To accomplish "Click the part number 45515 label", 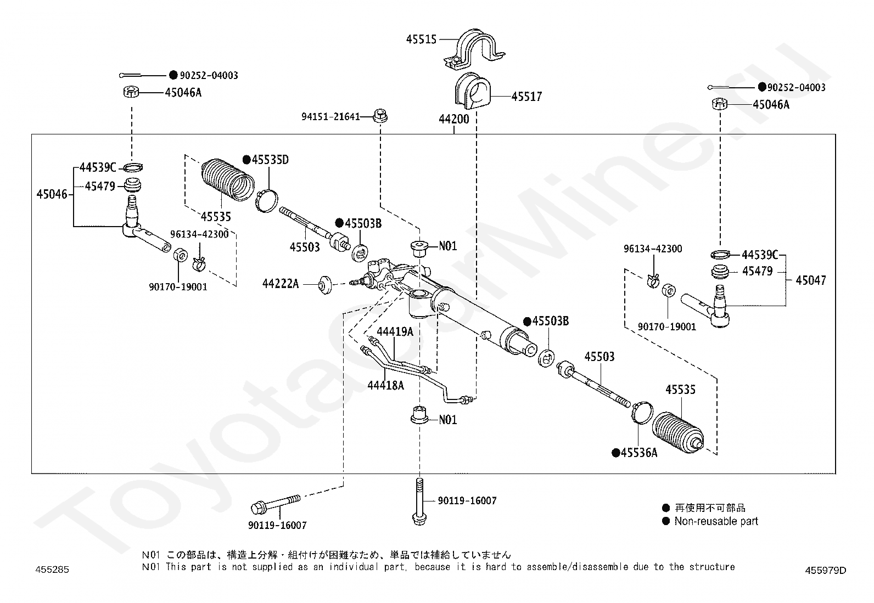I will coord(421,39).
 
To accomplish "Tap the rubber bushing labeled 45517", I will coord(473,91).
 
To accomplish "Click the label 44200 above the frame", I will coord(454,119).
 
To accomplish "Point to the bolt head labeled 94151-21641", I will coord(379,116).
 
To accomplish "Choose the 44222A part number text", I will coord(281,284).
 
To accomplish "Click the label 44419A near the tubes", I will coord(395,331).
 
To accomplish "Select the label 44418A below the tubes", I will coord(386,385).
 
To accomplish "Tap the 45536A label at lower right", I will coord(639,453).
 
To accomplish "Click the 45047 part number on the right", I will coord(810,280).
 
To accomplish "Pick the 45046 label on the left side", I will coord(52,194).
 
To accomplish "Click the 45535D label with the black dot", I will coord(270,160).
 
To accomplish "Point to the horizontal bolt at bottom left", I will coord(274,503).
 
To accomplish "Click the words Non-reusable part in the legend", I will coord(716,521).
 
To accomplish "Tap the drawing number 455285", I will coord(53,570).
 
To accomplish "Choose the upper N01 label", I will coord(448,246).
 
